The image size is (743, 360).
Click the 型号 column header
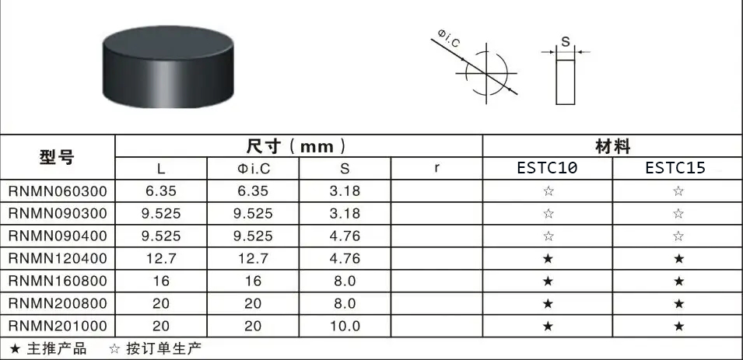[x=58, y=156]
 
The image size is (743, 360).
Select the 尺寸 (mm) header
[x=298, y=146]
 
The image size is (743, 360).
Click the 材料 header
[x=612, y=146]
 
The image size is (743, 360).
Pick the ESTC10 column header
[x=548, y=168]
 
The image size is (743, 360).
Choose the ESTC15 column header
[x=677, y=168]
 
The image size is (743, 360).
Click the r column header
[x=436, y=168]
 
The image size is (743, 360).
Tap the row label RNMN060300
[x=58, y=191]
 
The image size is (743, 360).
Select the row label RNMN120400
[x=58, y=257]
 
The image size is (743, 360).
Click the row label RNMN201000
[x=58, y=324]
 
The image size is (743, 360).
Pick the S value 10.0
[x=344, y=324]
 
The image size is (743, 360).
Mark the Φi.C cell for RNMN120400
[x=253, y=257]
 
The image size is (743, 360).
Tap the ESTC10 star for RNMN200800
[x=548, y=302]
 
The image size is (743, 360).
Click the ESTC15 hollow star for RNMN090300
[x=678, y=213]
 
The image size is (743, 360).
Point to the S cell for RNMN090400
[x=344, y=236]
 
